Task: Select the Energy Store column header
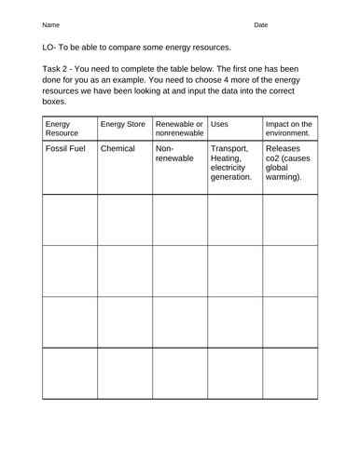[x=121, y=123]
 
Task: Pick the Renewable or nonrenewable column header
[x=179, y=128]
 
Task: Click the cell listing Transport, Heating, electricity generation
[x=232, y=163]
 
